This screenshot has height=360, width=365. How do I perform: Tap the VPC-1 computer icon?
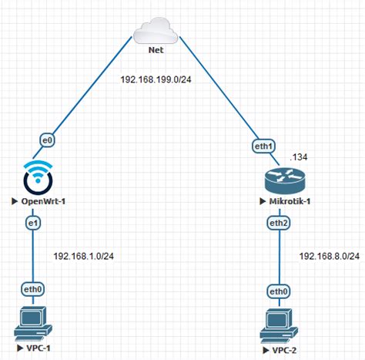pyautogui.click(x=32, y=323)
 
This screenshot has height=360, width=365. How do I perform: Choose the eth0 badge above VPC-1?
pyautogui.click(x=33, y=290)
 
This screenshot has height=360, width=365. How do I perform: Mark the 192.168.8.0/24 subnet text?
pyautogui.click(x=329, y=256)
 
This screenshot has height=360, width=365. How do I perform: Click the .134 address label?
pyautogui.click(x=299, y=156)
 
